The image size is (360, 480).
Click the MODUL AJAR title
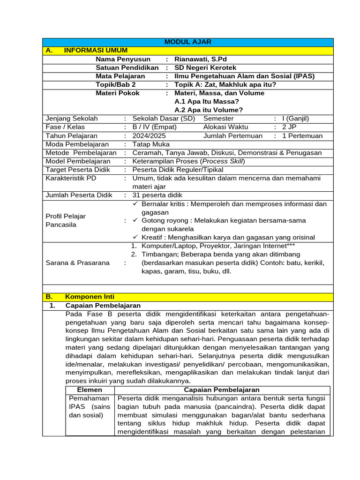(x=187, y=42)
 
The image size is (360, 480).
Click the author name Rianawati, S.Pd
(x=200, y=59)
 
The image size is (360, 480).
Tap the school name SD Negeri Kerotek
(x=205, y=67)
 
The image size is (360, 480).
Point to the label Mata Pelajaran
(x=120, y=76)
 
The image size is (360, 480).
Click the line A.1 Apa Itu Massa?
(x=206, y=101)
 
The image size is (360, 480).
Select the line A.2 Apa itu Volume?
(x=209, y=110)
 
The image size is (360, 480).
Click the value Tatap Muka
(x=151, y=144)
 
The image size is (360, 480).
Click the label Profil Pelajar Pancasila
(x=66, y=220)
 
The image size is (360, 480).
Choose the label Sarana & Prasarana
(x=77, y=262)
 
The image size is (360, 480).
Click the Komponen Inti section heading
(x=89, y=297)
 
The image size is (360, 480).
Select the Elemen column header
(x=89, y=390)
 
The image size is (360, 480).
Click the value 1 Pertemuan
(x=302, y=136)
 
